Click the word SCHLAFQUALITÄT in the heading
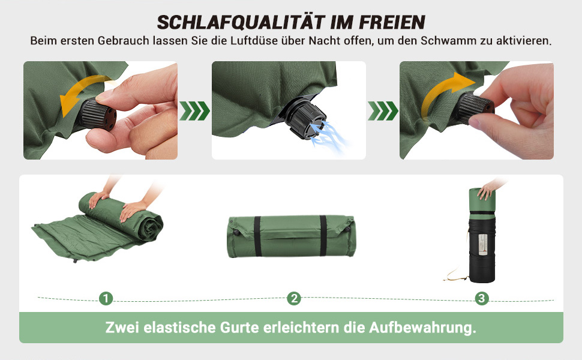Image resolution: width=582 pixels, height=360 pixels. pyautogui.click(x=241, y=22)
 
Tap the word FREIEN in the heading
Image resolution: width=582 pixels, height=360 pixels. pyautogui.click(x=392, y=22)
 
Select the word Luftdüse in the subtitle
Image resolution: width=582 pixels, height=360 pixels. pyautogui.click(x=254, y=40)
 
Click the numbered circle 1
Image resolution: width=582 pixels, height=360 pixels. pyautogui.click(x=106, y=298)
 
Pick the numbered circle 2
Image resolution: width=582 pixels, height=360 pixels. pyautogui.click(x=294, y=298)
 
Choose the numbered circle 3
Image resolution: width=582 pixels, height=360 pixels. pyautogui.click(x=482, y=298)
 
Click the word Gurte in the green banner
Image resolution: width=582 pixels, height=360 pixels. pyautogui.click(x=239, y=328)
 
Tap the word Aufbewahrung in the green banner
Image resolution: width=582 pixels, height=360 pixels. pyautogui.click(x=422, y=328)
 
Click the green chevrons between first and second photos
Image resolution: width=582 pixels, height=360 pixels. pyautogui.click(x=194, y=110)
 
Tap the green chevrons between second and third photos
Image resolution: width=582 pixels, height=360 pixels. pyautogui.click(x=383, y=110)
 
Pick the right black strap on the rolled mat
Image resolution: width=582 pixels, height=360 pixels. pyautogui.click(x=323, y=236)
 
